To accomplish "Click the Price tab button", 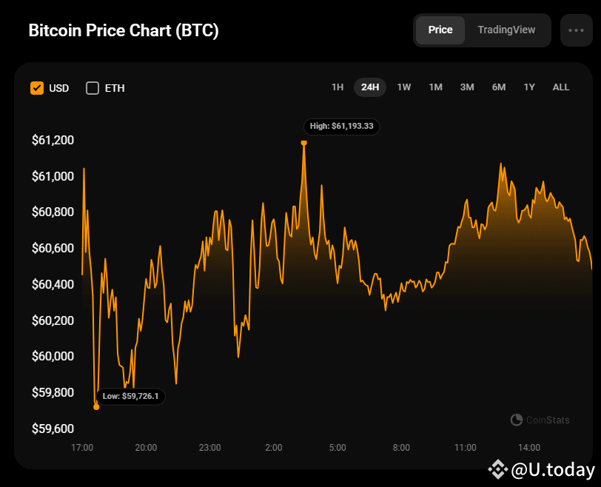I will pyautogui.click(x=440, y=30).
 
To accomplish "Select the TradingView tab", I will pyautogui.click(x=506, y=30).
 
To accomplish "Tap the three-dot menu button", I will pyautogui.click(x=576, y=30).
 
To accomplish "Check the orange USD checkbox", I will pyautogui.click(x=37, y=88).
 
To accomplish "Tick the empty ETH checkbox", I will pyautogui.click(x=93, y=88).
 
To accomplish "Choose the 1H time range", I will pyautogui.click(x=338, y=87).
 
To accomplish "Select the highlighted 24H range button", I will pyautogui.click(x=370, y=87).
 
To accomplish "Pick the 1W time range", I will pyautogui.click(x=404, y=87).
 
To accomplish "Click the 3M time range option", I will pyautogui.click(x=467, y=87).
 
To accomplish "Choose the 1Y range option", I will pyautogui.click(x=529, y=87).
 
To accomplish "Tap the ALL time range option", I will pyautogui.click(x=561, y=87).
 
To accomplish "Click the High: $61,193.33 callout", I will pyautogui.click(x=341, y=127).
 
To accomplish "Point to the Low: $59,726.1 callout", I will pyautogui.click(x=131, y=397).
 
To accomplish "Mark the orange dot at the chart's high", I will pyautogui.click(x=303, y=142).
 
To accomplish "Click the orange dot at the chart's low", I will pyautogui.click(x=96, y=406).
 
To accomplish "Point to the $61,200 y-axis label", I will pyautogui.click(x=53, y=140).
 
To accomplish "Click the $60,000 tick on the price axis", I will pyautogui.click(x=53, y=356).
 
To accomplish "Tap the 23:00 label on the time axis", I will pyautogui.click(x=209, y=448).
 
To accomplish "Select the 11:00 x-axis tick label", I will pyautogui.click(x=465, y=448).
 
